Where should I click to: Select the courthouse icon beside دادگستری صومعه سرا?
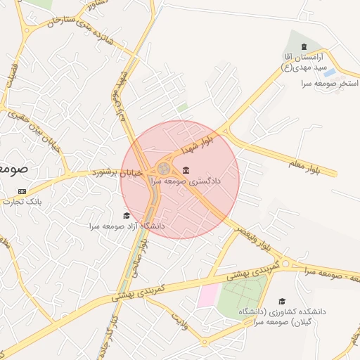(186, 170)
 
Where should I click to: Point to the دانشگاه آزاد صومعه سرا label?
(127, 226)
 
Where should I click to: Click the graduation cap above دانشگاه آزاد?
(127, 216)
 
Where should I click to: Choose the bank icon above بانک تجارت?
(22, 191)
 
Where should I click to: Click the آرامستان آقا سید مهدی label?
(307, 62)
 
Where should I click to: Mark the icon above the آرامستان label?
(304, 46)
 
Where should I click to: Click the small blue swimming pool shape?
(329, 72)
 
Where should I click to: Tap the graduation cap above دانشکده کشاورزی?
(282, 301)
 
